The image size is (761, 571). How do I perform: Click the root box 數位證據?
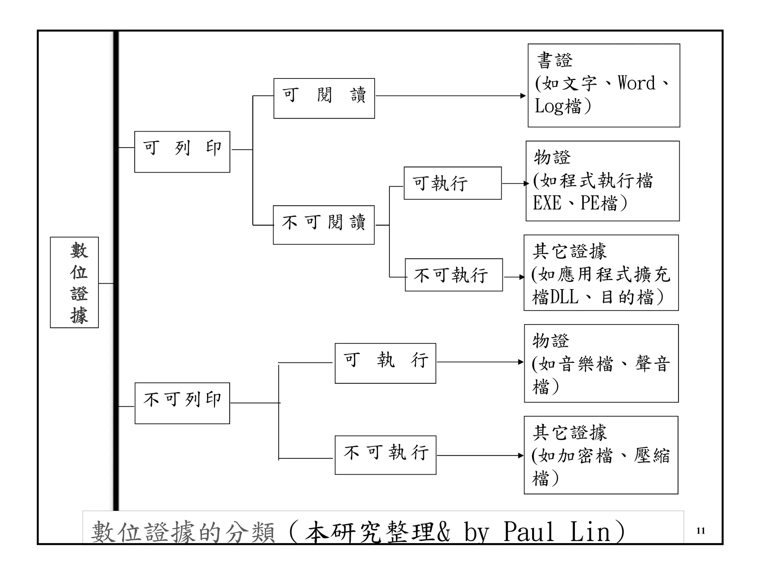74,282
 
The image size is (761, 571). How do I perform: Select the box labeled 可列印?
182,152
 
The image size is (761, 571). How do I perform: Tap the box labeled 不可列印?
182,403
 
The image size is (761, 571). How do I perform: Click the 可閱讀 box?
324,99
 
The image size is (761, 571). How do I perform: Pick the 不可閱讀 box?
324,225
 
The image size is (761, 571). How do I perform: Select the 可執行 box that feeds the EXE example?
453,183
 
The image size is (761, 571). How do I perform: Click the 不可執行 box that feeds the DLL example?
454,275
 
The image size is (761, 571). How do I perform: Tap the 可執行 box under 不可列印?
385,363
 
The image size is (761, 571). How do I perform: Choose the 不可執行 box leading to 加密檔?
385,455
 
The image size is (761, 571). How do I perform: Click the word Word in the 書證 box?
636,83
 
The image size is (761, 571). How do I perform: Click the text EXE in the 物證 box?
547,203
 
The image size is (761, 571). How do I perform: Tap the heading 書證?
555,61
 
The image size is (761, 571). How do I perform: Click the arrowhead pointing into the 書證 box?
523,96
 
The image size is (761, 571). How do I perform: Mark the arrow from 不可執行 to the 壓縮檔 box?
479,455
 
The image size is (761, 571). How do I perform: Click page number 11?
700,531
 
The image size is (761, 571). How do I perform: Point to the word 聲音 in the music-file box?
652,364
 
